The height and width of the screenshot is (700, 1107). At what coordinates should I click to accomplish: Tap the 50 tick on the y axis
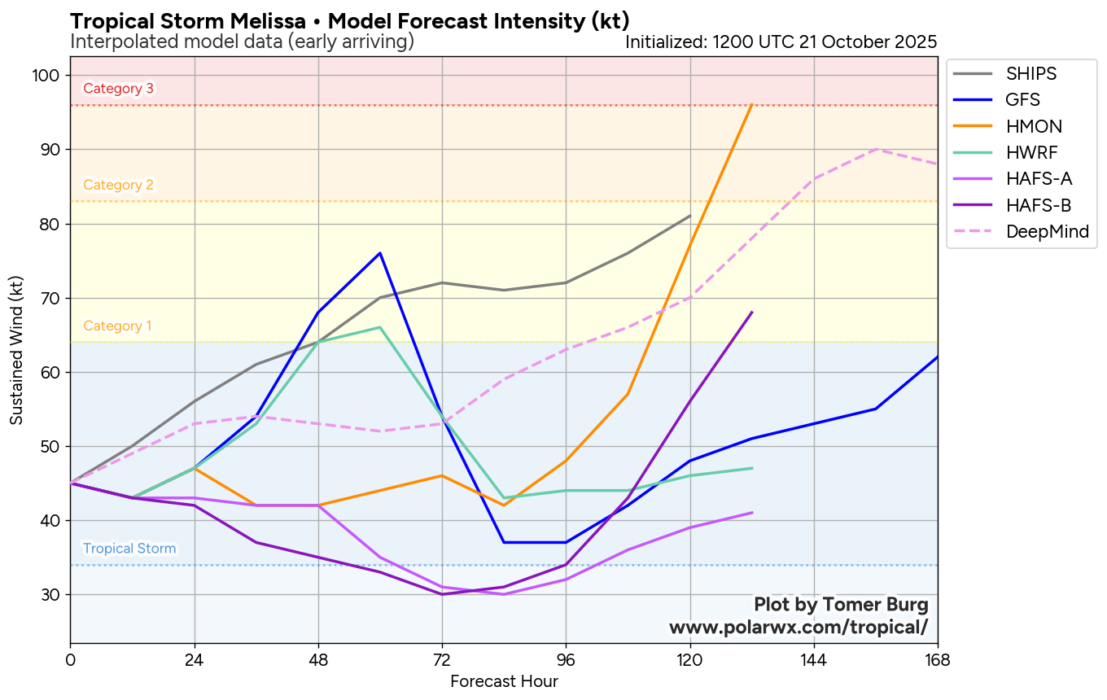pyautogui.click(x=51, y=447)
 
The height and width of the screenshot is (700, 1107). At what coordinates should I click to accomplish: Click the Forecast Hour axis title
pyautogui.click(x=504, y=681)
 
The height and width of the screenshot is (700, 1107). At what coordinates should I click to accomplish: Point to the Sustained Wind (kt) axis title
pyautogui.click(x=16, y=349)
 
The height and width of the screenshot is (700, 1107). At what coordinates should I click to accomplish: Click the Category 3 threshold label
pyautogui.click(x=118, y=89)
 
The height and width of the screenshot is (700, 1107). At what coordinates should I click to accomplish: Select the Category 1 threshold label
pyautogui.click(x=117, y=326)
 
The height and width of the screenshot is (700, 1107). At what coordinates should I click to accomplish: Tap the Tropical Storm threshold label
pyautogui.click(x=129, y=549)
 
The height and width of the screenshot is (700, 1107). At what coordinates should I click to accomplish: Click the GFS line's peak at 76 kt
pyautogui.click(x=380, y=253)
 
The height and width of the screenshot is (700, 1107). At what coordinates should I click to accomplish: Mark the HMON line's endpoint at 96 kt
pyautogui.click(x=751, y=105)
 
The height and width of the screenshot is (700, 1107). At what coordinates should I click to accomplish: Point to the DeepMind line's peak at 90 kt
pyautogui.click(x=876, y=149)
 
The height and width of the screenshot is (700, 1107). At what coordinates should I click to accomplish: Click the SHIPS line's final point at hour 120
pyautogui.click(x=690, y=216)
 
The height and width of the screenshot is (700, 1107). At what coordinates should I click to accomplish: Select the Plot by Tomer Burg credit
pyautogui.click(x=841, y=605)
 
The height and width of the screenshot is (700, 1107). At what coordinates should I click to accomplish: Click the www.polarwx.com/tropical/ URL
pyautogui.click(x=799, y=628)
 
